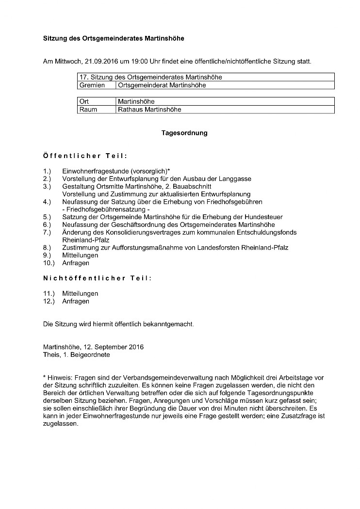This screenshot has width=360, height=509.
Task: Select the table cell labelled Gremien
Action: coord(92,85)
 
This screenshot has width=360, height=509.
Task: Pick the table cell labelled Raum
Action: coord(88,110)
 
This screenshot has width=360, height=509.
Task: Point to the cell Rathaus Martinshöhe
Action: coord(149,110)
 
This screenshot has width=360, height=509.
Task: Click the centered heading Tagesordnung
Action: coord(184,133)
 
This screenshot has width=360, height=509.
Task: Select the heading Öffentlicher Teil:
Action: coord(85,156)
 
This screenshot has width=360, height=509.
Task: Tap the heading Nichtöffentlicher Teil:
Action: coord(97,278)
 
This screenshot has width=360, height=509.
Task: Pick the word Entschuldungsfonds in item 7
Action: coord(269,232)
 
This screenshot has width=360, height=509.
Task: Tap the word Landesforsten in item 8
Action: coord(209,247)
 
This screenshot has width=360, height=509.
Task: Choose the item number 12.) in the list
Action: coord(49,301)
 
